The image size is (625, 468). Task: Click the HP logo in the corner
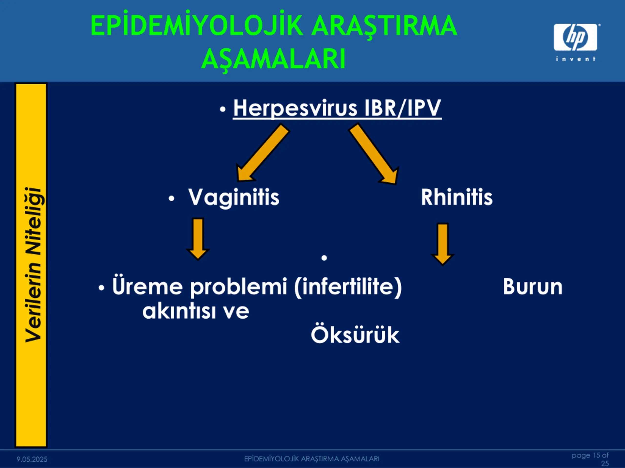tap(575, 37)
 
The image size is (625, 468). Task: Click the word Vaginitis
tap(234, 197)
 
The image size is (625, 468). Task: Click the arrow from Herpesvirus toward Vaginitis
tap(262, 153)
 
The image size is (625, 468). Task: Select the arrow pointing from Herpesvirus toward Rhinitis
tap(374, 154)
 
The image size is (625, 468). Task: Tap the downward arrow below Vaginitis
tap(198, 239)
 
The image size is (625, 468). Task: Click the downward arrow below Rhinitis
tap(442, 244)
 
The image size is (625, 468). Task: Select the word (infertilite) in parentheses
tap(348, 287)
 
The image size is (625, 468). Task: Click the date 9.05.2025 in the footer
tap(32, 459)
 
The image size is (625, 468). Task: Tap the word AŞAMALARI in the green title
tap(273, 59)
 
